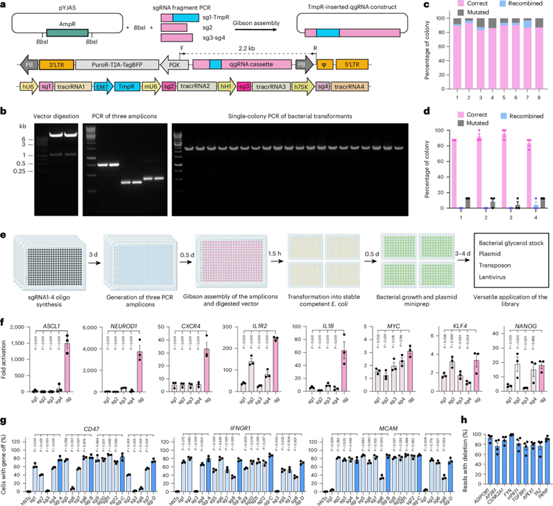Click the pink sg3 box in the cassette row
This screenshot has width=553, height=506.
(x=244, y=87)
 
